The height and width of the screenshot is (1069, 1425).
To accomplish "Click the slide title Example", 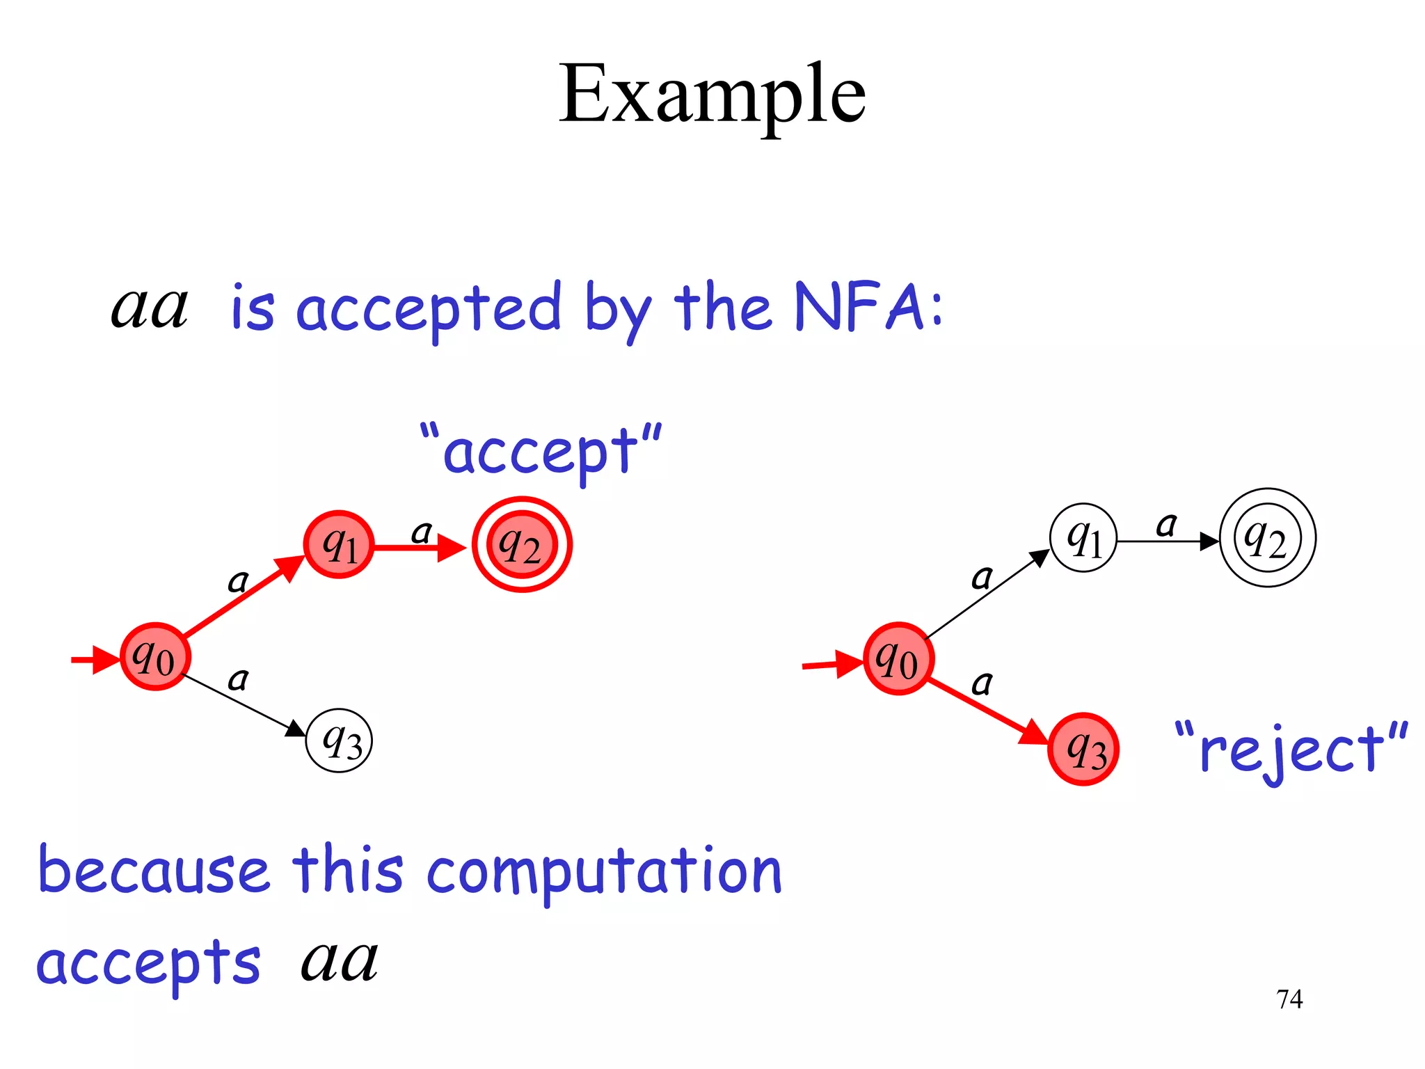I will click(712, 94).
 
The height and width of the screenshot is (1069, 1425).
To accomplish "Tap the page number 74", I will click(1289, 999).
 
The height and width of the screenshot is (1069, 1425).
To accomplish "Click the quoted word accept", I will click(541, 452).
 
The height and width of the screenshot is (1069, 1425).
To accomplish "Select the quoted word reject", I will click(1291, 750).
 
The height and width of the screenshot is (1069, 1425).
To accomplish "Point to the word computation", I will click(604, 873).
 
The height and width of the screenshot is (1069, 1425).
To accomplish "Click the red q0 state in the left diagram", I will click(155, 656).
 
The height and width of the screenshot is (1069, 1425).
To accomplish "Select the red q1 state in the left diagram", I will click(340, 545).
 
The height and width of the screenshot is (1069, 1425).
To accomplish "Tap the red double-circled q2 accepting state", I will click(522, 545).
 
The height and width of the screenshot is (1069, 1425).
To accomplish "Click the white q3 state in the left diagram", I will click(340, 741).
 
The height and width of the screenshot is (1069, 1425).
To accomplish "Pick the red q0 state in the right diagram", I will click(898, 658).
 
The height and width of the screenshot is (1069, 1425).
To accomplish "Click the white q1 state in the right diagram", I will click(1083, 538).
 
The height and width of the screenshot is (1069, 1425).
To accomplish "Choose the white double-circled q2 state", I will click(1267, 538).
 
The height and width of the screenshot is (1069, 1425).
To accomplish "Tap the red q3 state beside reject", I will click(1083, 750).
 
